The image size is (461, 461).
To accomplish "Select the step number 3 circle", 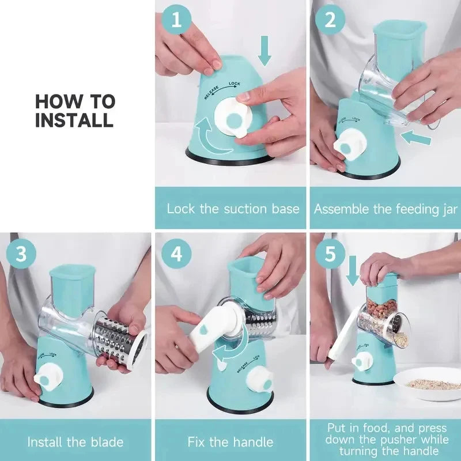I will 21,254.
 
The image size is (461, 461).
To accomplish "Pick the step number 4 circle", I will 176,254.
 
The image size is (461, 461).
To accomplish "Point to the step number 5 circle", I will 331,254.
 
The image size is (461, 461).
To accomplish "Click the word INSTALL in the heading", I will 74,120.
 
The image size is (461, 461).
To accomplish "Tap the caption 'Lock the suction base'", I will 233,208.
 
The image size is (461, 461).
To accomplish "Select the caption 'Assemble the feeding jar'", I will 386,208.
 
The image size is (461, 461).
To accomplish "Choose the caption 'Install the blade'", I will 75,442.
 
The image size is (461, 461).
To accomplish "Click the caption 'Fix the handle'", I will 231,442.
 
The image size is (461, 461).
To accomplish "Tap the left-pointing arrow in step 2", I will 416,138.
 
